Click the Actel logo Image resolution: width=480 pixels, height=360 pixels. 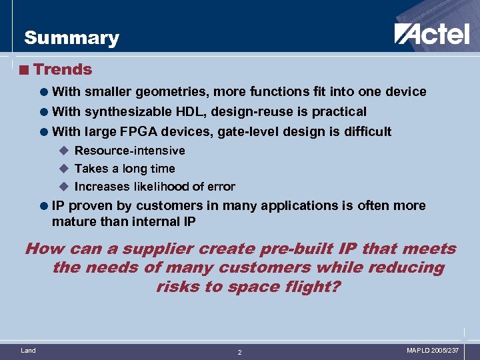tap(431, 34)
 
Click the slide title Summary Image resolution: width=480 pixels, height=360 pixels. tap(71, 38)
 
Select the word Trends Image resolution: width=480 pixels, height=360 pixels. tap(63, 69)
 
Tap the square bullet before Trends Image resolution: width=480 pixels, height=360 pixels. tap(25, 69)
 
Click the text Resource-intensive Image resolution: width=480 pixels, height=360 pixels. tap(129, 151)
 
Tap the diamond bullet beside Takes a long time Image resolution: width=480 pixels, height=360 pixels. tap(64, 169)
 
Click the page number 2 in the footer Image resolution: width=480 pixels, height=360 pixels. tap(240, 352)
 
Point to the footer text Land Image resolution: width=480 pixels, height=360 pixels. tap(29, 350)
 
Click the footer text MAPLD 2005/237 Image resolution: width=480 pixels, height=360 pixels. tap(432, 350)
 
